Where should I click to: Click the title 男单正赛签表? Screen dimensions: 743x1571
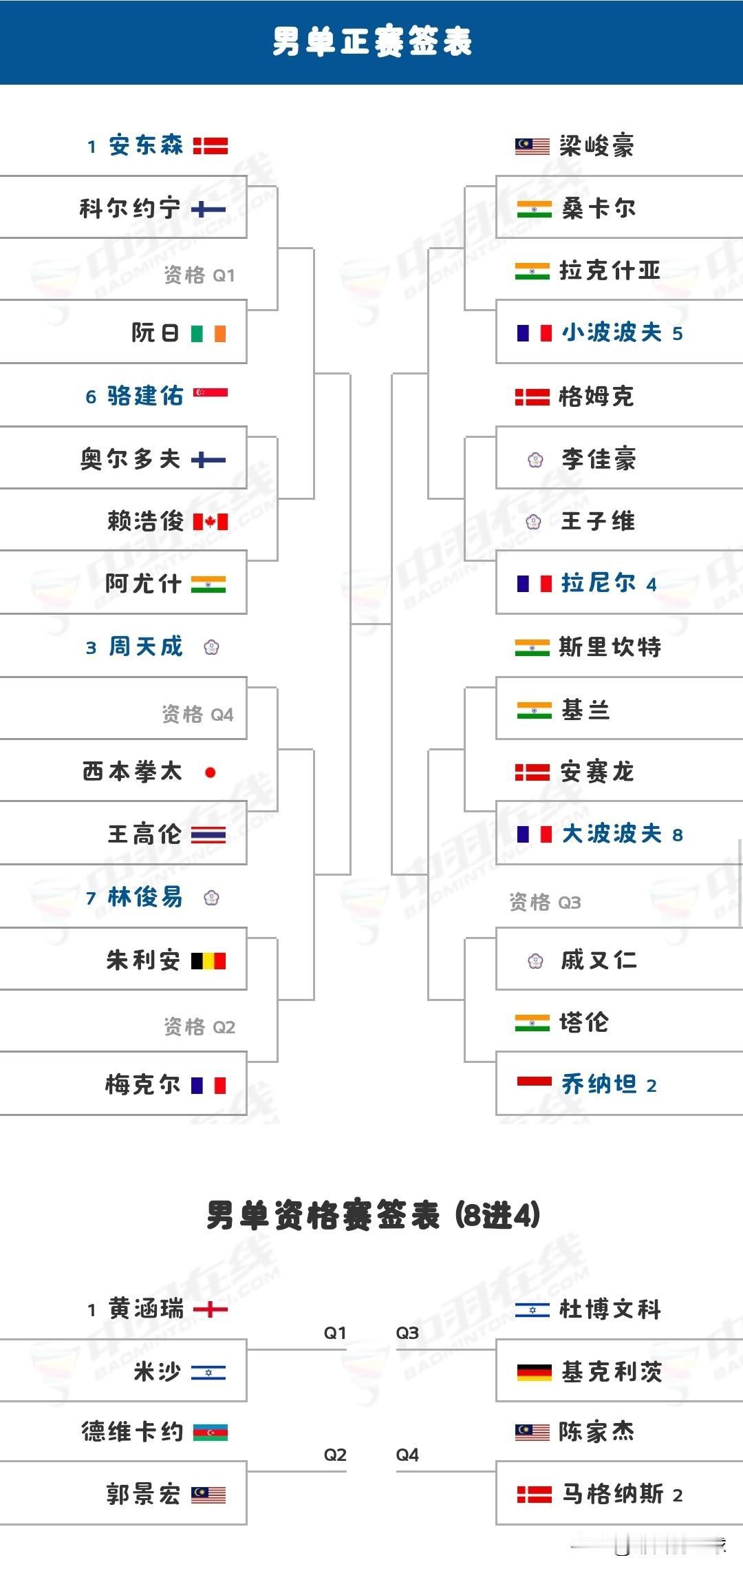coord(371,41)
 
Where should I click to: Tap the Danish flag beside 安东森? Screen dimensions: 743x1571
coord(210,146)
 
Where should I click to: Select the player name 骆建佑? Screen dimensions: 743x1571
coord(145,396)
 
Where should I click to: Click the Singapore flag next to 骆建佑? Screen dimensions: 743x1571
coord(210,393)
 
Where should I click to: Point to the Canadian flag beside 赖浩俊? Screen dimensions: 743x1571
coord(210,522)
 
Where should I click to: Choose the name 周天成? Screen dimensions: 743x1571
coord(146,646)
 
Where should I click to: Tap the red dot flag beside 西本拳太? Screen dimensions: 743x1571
coord(210,772)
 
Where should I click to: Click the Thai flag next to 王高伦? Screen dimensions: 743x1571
coord(208,835)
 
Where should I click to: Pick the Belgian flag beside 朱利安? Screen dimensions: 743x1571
coord(208,960)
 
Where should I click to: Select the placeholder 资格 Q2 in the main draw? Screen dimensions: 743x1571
coord(200,1027)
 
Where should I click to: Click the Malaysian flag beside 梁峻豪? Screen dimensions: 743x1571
coord(532,146)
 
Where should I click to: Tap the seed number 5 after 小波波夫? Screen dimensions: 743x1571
coord(678,334)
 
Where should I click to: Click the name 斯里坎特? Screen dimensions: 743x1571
coord(610,646)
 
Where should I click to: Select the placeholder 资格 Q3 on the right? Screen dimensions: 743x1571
coord(545,902)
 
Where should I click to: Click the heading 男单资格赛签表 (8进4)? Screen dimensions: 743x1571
coord(373,1215)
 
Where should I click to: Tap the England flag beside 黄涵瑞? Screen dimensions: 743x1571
coord(210,1309)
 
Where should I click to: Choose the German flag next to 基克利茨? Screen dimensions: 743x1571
coord(534,1372)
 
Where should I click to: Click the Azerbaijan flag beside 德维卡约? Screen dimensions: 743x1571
coord(210,1433)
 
